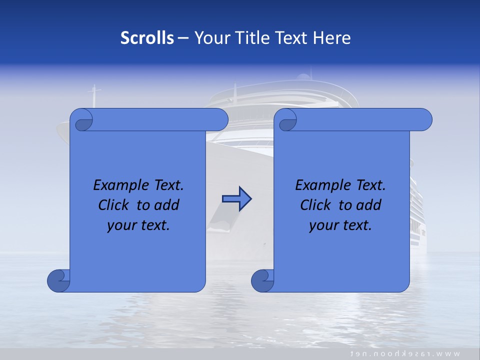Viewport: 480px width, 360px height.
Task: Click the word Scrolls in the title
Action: click(147, 38)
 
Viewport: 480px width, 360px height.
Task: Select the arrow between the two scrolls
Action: click(236, 199)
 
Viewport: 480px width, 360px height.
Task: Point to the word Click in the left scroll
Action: click(114, 205)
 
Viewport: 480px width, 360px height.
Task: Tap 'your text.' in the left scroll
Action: click(138, 225)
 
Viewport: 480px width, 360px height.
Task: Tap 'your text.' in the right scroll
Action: click(340, 225)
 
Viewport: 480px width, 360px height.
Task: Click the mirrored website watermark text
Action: click(405, 353)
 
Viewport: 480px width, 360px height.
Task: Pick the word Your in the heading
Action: click(210, 38)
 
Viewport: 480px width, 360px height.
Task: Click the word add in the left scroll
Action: click(167, 205)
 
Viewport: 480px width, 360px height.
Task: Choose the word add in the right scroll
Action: click(369, 205)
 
